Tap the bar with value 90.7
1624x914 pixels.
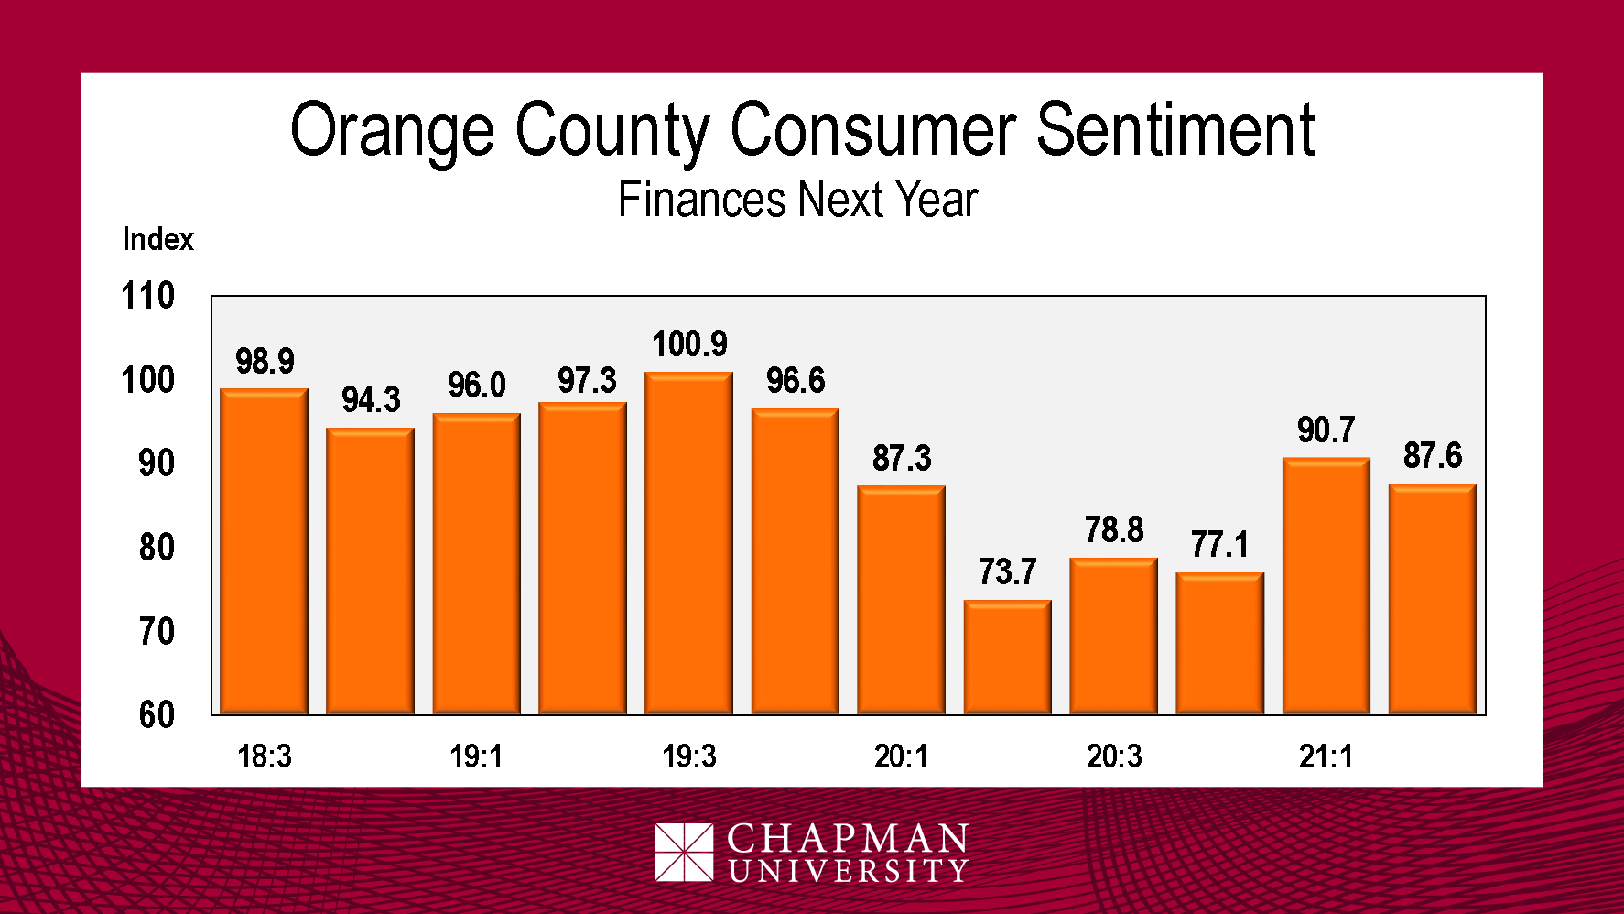(1326, 585)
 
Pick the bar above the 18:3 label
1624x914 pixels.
(264, 550)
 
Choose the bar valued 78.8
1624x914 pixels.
(1113, 636)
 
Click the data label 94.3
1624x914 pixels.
(371, 400)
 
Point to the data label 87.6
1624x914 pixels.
(1433, 455)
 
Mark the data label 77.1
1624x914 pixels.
(1219, 545)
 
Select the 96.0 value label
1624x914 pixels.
(476, 386)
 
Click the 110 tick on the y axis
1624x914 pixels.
(147, 296)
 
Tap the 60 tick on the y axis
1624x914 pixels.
(157, 714)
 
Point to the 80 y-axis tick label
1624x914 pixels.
(157, 548)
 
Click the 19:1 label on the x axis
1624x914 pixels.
(476, 756)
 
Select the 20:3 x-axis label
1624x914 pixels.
(1113, 756)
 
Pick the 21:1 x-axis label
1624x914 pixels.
(1326, 756)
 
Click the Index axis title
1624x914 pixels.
(158, 239)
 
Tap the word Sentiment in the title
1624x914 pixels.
(1175, 130)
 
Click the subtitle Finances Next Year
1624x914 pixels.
(797, 200)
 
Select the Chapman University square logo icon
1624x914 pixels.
(683, 852)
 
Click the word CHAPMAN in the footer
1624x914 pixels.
(848, 838)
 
